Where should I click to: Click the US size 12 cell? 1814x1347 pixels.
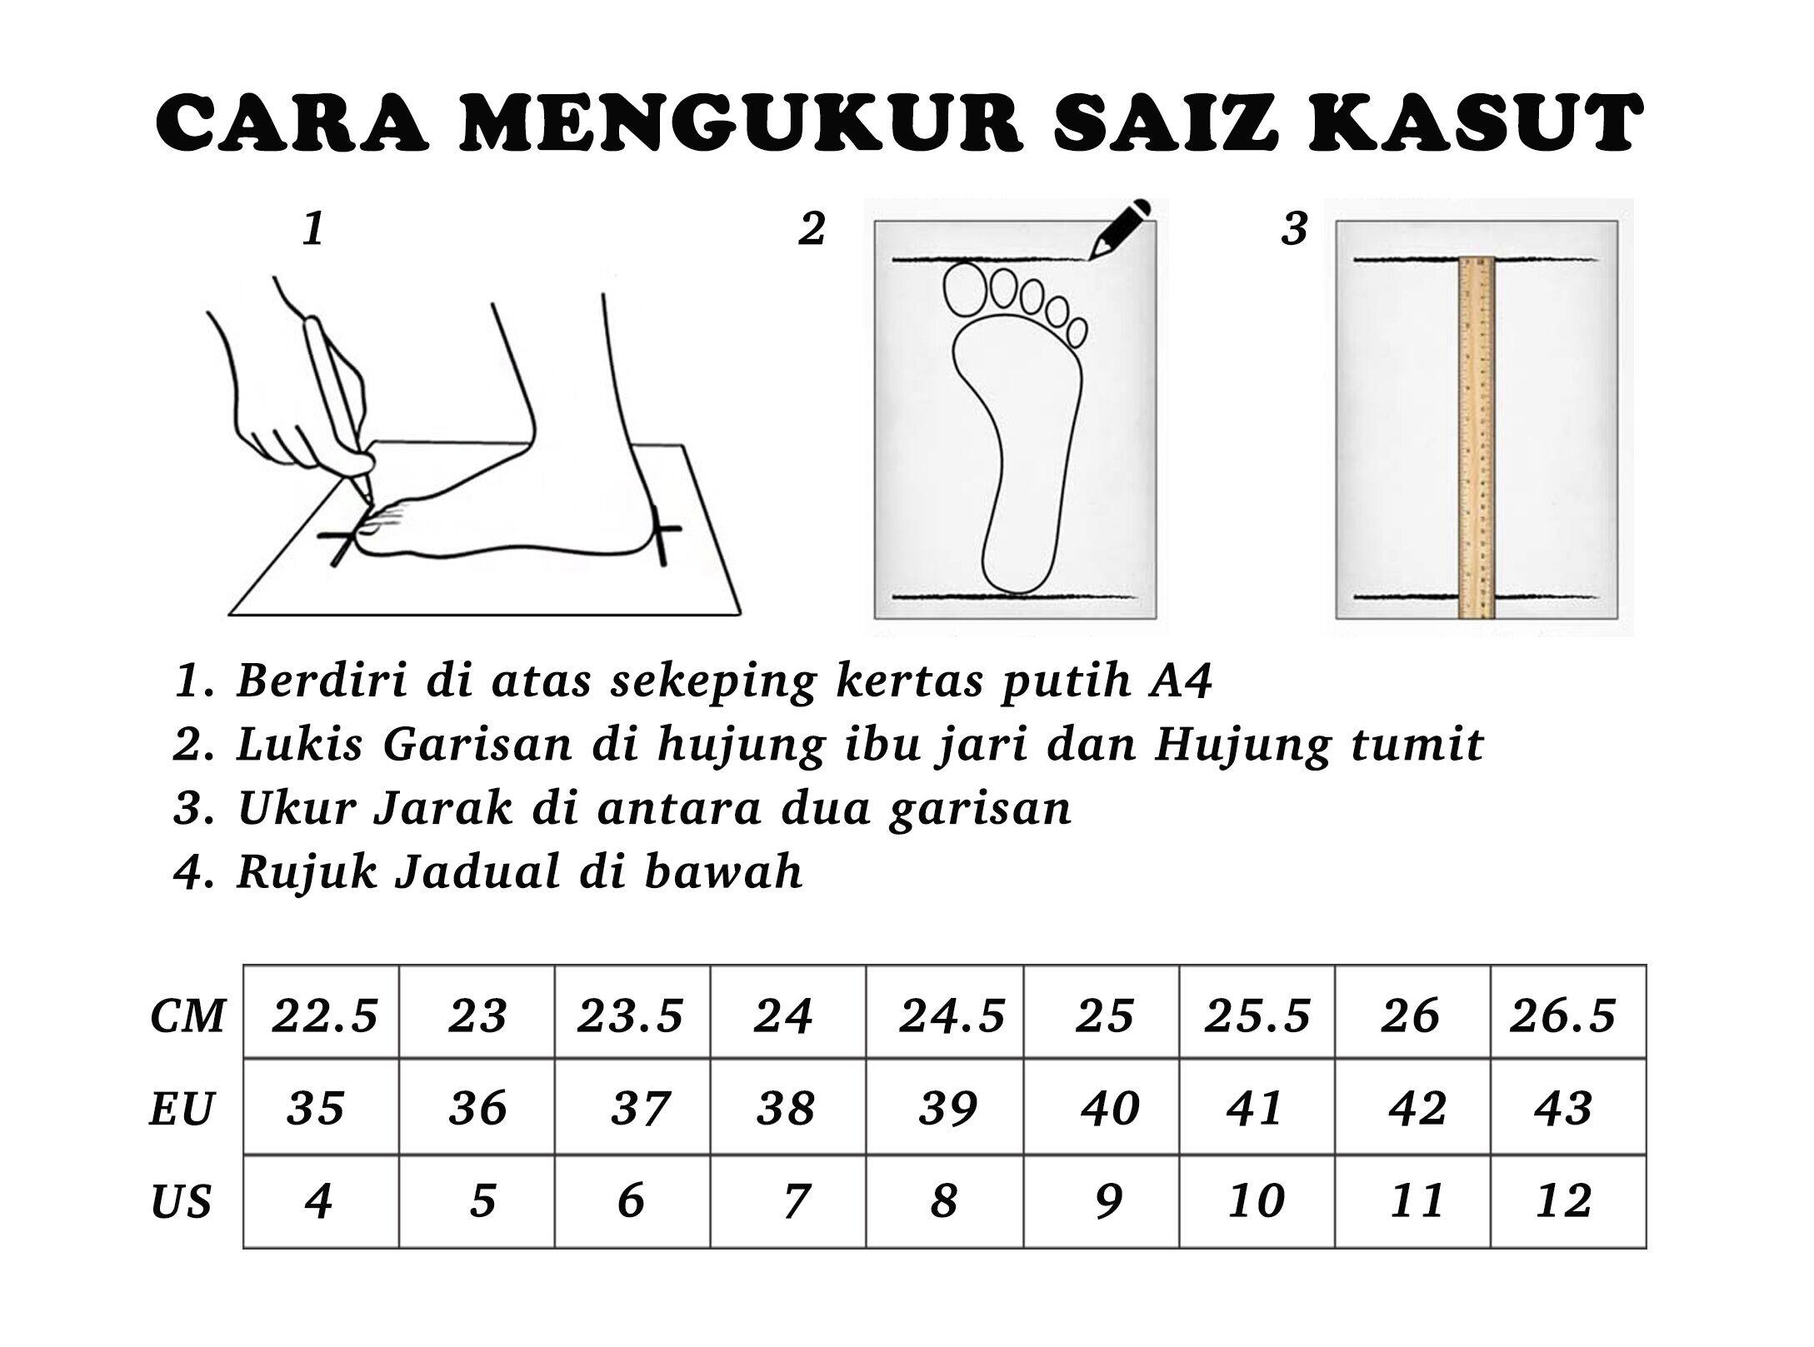[x=1567, y=1200]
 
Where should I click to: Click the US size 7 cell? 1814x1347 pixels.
[x=787, y=1200]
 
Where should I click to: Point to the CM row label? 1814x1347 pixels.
[x=188, y=1015]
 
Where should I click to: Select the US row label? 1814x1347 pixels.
[x=182, y=1202]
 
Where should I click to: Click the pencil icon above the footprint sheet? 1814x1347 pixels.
[x=1120, y=228]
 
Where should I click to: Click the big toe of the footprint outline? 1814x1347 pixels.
[x=964, y=287]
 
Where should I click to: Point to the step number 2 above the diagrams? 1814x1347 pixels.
[x=812, y=228]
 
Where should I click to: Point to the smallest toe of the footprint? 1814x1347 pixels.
[x=1077, y=332]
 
